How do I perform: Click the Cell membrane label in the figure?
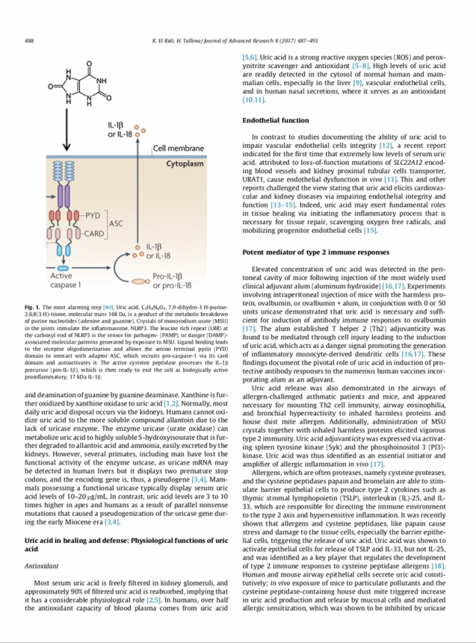click(179, 148)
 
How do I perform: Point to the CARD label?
click(94, 232)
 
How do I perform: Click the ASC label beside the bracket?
click(115, 223)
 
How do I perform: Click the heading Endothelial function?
click(275, 120)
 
